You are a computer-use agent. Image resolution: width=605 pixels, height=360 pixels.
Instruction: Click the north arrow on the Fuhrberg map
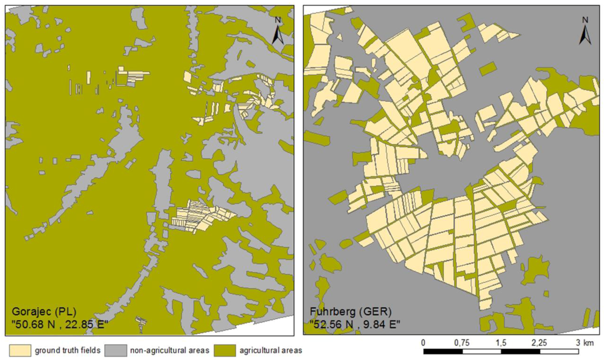pyautogui.click(x=585, y=31)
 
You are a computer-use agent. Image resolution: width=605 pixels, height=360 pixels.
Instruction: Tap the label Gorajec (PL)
pyautogui.click(x=40, y=312)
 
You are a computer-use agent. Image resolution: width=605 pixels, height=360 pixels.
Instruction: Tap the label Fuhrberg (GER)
pyautogui.click(x=341, y=312)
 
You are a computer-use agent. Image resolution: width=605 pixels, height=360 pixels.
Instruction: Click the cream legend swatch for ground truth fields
pyautogui.click(x=18, y=351)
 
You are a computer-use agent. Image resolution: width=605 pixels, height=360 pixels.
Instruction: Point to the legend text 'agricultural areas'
pyautogui.click(x=271, y=351)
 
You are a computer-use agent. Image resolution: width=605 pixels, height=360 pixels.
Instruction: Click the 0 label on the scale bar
pyautogui.click(x=423, y=343)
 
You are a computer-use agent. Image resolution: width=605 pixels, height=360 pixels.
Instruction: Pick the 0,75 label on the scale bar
pyautogui.click(x=462, y=343)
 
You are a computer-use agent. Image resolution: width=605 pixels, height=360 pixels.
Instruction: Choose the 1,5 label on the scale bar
pyautogui.click(x=501, y=343)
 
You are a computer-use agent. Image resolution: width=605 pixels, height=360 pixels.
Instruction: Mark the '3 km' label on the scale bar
pyautogui.click(x=585, y=343)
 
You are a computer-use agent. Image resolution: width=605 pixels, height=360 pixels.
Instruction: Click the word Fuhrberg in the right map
pyautogui.click(x=330, y=312)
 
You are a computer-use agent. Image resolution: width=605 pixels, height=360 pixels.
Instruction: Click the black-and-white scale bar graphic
pyautogui.click(x=500, y=352)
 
